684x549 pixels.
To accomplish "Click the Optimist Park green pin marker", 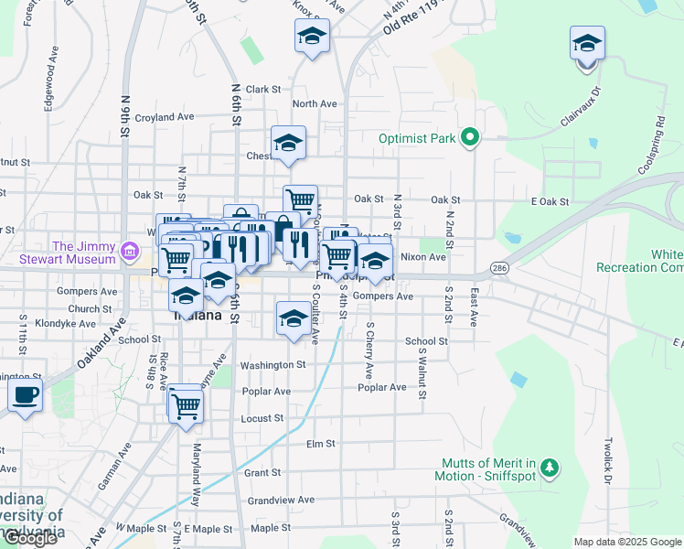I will coord(470,138).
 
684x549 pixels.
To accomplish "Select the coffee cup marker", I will coord(26,396).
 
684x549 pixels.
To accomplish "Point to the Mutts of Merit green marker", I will coord(549,468).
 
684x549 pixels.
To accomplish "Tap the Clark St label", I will coord(262,90).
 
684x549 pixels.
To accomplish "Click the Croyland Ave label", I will coord(165,117).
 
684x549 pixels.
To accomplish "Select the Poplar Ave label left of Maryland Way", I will coord(266,392).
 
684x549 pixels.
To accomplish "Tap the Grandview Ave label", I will coord(281,501).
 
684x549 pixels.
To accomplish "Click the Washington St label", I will coord(273,365).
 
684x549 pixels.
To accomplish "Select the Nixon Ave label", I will coord(423,257).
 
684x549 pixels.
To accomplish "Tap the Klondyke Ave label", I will coord(65,324).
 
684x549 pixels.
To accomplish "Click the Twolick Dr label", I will coord(606,465).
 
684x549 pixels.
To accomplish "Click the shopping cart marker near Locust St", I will coord(186,404).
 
